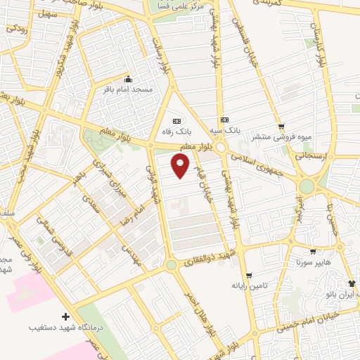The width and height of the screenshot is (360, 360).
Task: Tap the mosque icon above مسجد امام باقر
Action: point(128,79)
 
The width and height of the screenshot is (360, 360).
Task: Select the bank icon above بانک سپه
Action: point(224,120)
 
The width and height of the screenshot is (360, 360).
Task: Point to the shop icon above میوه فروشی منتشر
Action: point(281,127)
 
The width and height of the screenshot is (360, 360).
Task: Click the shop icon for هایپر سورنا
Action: point(313,250)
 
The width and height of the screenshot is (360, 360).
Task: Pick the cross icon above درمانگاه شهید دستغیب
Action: point(65,316)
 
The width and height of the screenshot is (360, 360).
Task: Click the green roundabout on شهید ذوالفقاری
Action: point(170,265)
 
